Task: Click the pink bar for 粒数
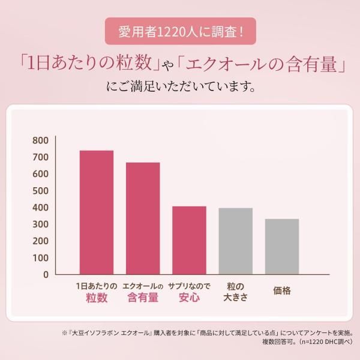pyautogui.click(x=97, y=212)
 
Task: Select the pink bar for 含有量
pyautogui.click(x=143, y=218)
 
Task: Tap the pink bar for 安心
pyautogui.click(x=189, y=240)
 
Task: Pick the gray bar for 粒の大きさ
pyautogui.click(x=235, y=241)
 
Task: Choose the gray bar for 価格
pyautogui.click(x=282, y=246)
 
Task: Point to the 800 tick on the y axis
pyautogui.click(x=40, y=140)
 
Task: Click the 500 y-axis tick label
pyautogui.click(x=40, y=191)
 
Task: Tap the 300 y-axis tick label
pyautogui.click(x=40, y=224)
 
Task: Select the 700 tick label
pyautogui.click(x=40, y=157)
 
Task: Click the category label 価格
pyautogui.click(x=282, y=290)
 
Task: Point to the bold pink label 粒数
pyautogui.click(x=97, y=298)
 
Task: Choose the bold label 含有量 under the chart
pyautogui.click(x=143, y=298)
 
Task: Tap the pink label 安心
pyautogui.click(x=189, y=298)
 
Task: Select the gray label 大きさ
pyautogui.click(x=235, y=298)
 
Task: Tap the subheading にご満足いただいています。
pyautogui.click(x=180, y=88)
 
